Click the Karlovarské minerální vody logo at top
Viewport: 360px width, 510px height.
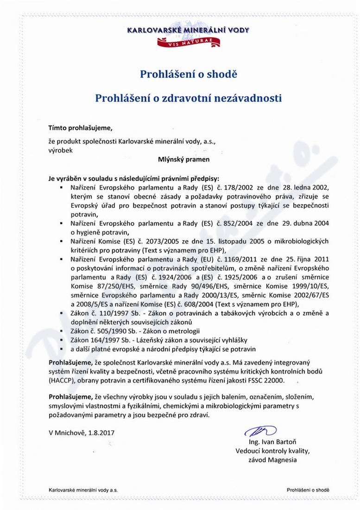[x=188, y=31]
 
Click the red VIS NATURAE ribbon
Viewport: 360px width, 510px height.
[x=188, y=42]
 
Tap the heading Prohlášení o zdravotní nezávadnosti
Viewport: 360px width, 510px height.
[x=188, y=98]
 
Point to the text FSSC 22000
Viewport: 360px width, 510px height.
[x=265, y=380]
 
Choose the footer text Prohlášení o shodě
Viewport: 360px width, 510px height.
[x=308, y=490]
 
